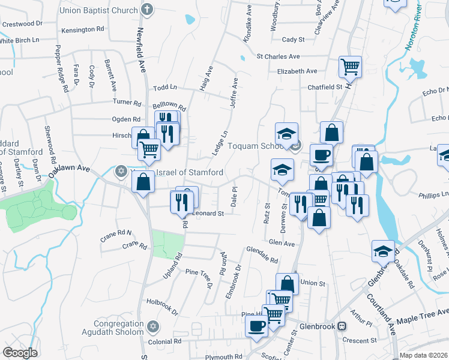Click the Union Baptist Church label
tap(98, 10)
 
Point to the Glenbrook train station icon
tap(342, 326)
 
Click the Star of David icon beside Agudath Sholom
tap(152, 326)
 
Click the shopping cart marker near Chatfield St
tap(350, 66)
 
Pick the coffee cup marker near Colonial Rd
tap(257, 326)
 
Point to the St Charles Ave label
tap(278, 56)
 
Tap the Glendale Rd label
tap(262, 256)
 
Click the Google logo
tap(20, 353)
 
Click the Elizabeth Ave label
tap(297, 71)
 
